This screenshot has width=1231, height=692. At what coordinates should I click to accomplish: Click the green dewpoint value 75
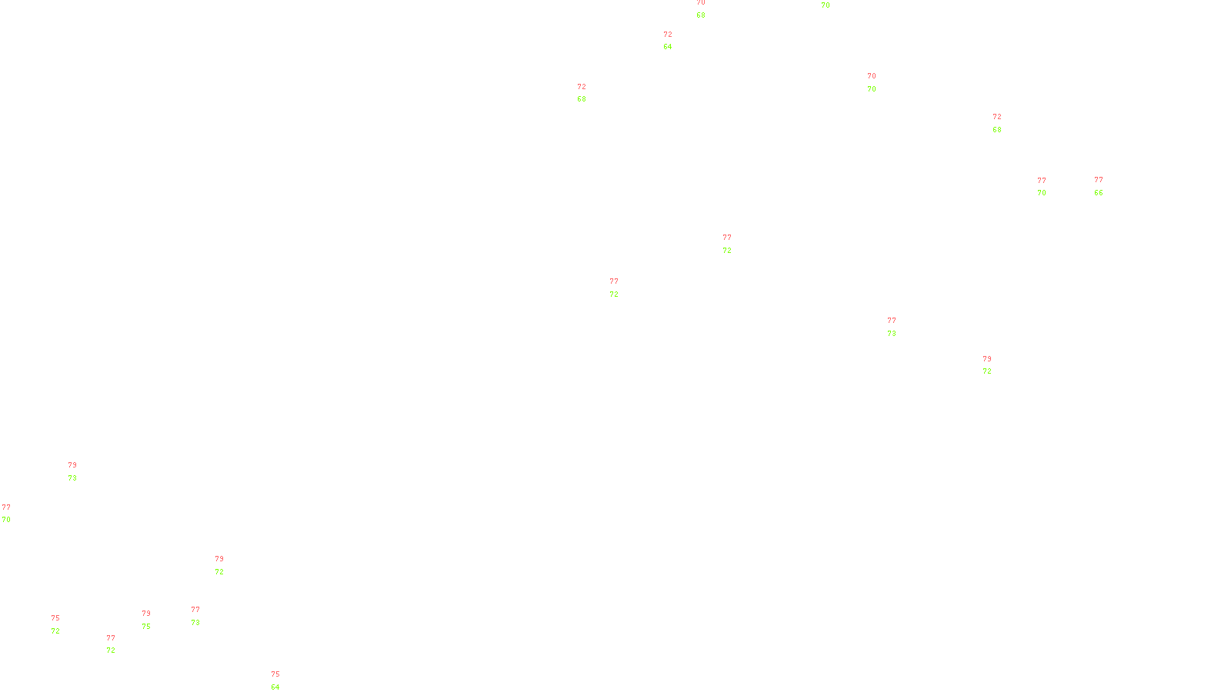pyautogui.click(x=146, y=627)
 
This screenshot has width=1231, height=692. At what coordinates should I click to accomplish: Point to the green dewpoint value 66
pyautogui.click(x=1099, y=193)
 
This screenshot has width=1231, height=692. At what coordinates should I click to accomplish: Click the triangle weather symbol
pyautogui.click(x=892, y=328)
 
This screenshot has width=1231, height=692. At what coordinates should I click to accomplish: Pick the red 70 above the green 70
pyautogui.click(x=872, y=76)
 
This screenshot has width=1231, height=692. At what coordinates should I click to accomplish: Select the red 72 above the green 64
pyautogui.click(x=668, y=35)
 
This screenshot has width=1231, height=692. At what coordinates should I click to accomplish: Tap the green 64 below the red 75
pyautogui.click(x=275, y=687)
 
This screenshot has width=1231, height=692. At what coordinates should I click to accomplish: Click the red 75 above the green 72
pyautogui.click(x=55, y=618)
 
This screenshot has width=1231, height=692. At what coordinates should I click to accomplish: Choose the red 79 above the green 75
pyautogui.click(x=146, y=614)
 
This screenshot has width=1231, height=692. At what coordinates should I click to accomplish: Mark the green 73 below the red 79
pyautogui.click(x=72, y=478)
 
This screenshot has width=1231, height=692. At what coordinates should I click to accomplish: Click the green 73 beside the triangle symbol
pyautogui.click(x=892, y=334)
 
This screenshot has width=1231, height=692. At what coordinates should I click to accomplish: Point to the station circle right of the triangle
pyautogui.click(x=899, y=327)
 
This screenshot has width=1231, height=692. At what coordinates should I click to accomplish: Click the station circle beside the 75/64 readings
pyautogui.click(x=282, y=681)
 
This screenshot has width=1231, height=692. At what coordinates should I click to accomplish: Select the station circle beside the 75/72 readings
pyautogui.click(x=63, y=624)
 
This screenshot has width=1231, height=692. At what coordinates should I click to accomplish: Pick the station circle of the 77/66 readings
pyautogui.click(x=1106, y=186)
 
